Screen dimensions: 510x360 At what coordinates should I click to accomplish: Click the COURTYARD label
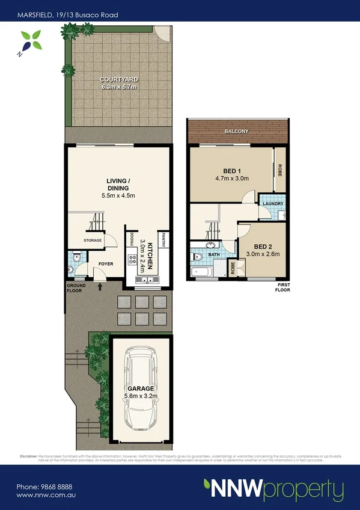pos(118,79)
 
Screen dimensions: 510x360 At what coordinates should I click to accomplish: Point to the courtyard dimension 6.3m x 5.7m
pos(118,87)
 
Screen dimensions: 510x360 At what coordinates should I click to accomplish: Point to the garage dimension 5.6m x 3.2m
pos(140,396)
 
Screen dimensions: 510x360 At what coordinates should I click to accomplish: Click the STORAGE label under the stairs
pos(92,241)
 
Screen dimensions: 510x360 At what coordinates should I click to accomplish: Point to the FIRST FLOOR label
pos(282,286)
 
